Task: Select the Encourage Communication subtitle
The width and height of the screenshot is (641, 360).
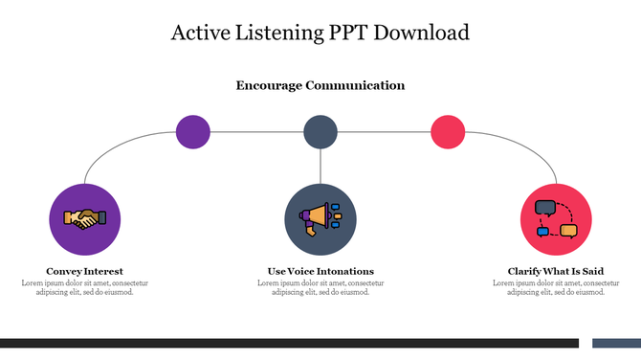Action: (320, 85)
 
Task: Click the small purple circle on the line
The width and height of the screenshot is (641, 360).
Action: (193, 131)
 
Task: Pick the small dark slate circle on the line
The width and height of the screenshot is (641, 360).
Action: (320, 131)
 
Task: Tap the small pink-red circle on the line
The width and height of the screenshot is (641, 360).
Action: (447, 131)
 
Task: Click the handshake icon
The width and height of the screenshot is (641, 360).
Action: (85, 219)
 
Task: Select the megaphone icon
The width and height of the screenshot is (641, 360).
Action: (320, 219)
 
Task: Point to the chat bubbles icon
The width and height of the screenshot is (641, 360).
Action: (555, 219)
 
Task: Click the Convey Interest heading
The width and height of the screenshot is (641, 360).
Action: (84, 271)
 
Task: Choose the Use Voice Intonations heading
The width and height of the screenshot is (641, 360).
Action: (320, 271)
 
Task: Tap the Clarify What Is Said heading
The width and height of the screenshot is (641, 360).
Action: (556, 271)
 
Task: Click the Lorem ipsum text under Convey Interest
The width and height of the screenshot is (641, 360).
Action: (84, 287)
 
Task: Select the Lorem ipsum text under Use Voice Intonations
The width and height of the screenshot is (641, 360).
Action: (320, 287)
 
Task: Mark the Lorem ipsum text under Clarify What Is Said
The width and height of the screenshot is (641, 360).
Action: (556, 287)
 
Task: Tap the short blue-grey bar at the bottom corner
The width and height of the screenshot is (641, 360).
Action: (616, 343)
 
